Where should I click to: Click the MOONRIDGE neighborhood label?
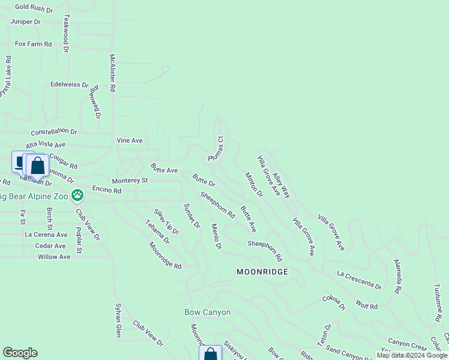point(262,272)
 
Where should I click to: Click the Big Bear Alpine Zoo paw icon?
point(77,195)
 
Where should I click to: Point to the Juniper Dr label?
point(25,22)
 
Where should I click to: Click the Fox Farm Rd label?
point(34,44)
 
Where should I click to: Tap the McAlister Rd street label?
point(112,73)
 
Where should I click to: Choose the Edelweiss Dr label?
point(69,85)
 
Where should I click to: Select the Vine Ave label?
point(130,140)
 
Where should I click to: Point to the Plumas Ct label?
point(215,148)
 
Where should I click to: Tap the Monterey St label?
point(130,181)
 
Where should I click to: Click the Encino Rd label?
point(107,190)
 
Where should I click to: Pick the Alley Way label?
point(281,186)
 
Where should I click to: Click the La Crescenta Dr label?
point(359,280)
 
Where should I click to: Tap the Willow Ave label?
point(54,257)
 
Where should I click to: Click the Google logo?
point(20,353)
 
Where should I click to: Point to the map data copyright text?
point(412,355)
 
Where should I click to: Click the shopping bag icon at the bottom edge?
point(211,355)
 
